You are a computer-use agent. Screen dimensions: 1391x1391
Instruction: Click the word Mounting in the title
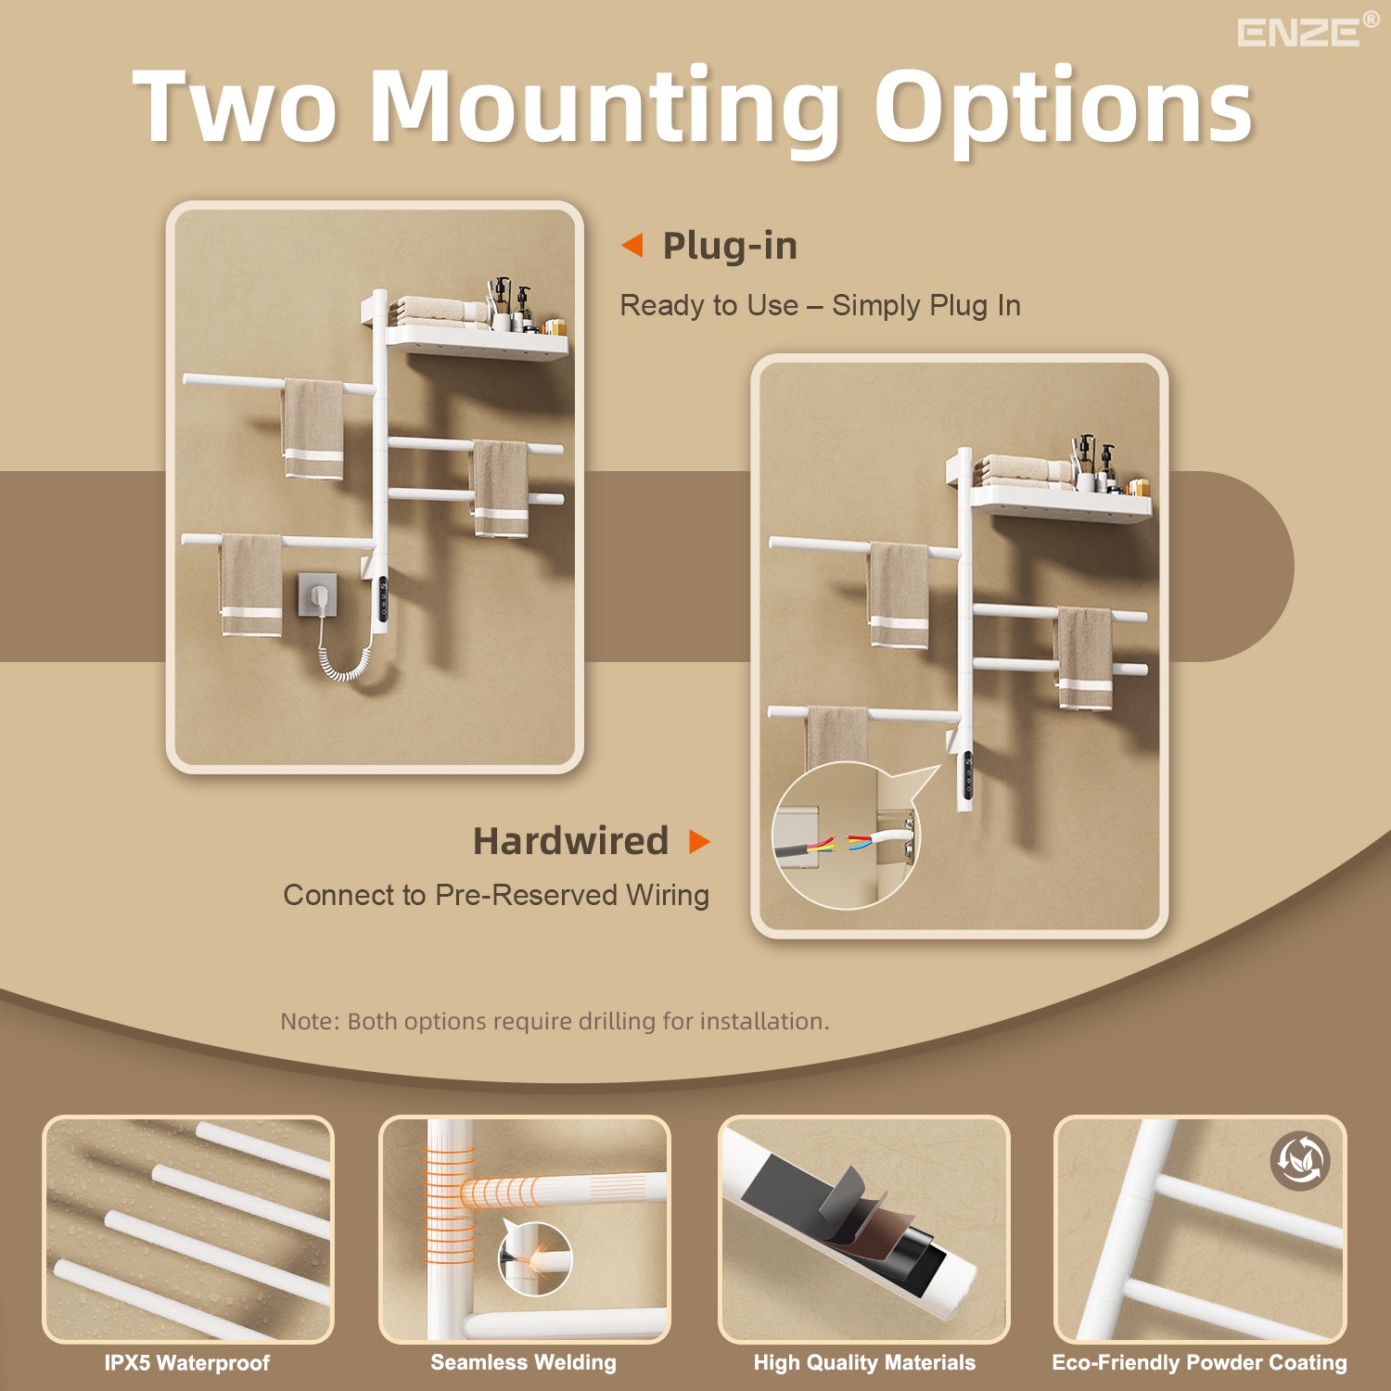click(x=605, y=109)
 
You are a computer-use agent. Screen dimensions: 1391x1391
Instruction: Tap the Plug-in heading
click(x=730, y=247)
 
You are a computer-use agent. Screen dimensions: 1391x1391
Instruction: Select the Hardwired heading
click(x=570, y=841)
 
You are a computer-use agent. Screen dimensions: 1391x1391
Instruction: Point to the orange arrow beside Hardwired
click(x=700, y=842)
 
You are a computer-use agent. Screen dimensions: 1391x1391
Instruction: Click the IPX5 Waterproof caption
click(x=186, y=1363)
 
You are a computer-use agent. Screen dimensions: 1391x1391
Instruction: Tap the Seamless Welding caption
click(x=523, y=1362)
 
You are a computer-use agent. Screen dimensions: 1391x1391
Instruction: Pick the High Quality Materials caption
click(x=864, y=1363)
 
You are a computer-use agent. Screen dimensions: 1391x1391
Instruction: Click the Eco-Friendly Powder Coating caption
click(x=1199, y=1363)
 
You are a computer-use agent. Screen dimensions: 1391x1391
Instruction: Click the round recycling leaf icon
click(x=1300, y=1160)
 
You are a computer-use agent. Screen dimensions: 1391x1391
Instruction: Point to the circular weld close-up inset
click(x=535, y=1258)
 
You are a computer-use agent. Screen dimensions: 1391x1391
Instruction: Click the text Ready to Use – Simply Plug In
click(x=820, y=306)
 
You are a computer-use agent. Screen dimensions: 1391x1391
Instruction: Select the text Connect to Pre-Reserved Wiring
click(x=496, y=896)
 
